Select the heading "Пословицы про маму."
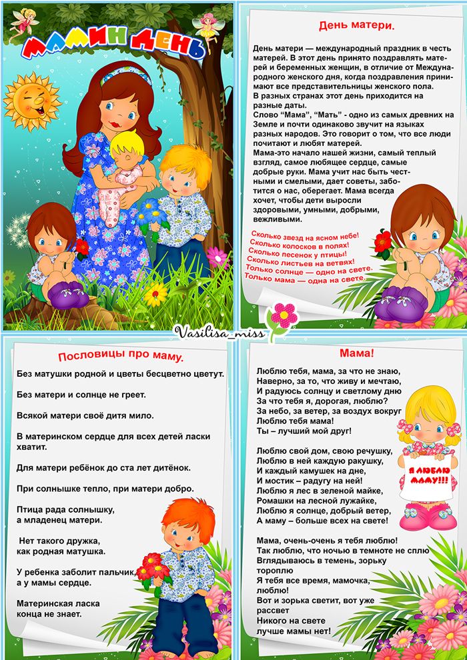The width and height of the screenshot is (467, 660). click(120, 356)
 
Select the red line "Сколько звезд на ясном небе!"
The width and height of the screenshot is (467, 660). click(305, 235)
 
